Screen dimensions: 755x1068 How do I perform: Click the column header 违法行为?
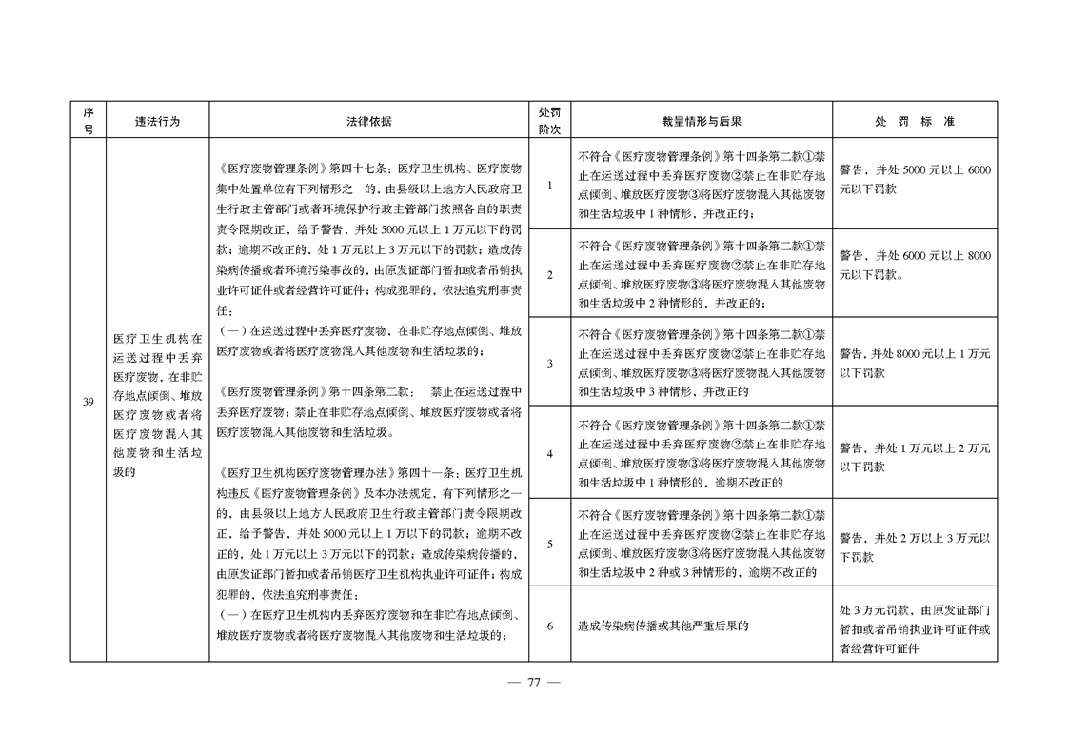tap(157, 122)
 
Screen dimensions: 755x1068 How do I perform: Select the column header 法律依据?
tap(368, 122)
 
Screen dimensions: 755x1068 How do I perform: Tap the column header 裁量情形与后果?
tap(702, 122)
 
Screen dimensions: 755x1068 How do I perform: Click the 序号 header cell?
tap(88, 122)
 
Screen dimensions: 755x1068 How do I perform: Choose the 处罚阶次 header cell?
tap(550, 122)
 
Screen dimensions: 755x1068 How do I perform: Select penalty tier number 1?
tap(550, 185)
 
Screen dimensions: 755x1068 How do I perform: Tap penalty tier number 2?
tap(550, 275)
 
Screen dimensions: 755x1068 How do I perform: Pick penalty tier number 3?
tap(550, 364)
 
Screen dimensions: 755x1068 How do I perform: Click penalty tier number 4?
tap(550, 453)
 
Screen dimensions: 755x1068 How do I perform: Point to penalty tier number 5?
tap(550, 544)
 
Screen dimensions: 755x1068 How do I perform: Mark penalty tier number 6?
tap(550, 626)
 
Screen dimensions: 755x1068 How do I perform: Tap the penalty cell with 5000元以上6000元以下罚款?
tap(915, 177)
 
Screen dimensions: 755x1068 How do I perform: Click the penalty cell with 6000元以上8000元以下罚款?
tap(915, 266)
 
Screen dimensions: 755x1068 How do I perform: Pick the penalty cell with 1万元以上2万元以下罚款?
tap(915, 457)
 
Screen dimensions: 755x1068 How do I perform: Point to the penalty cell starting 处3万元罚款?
tap(915, 626)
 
